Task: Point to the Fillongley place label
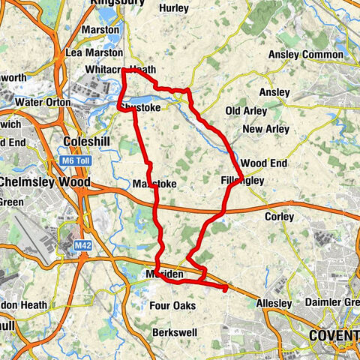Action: point(240,181)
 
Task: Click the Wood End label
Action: point(263,163)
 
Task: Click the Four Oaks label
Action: point(172,305)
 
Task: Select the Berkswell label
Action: point(173,331)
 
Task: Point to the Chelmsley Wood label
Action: point(45,182)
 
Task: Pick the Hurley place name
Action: point(174,8)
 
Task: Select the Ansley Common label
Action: point(305,55)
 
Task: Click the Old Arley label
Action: point(246,110)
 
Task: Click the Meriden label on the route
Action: point(166,275)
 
